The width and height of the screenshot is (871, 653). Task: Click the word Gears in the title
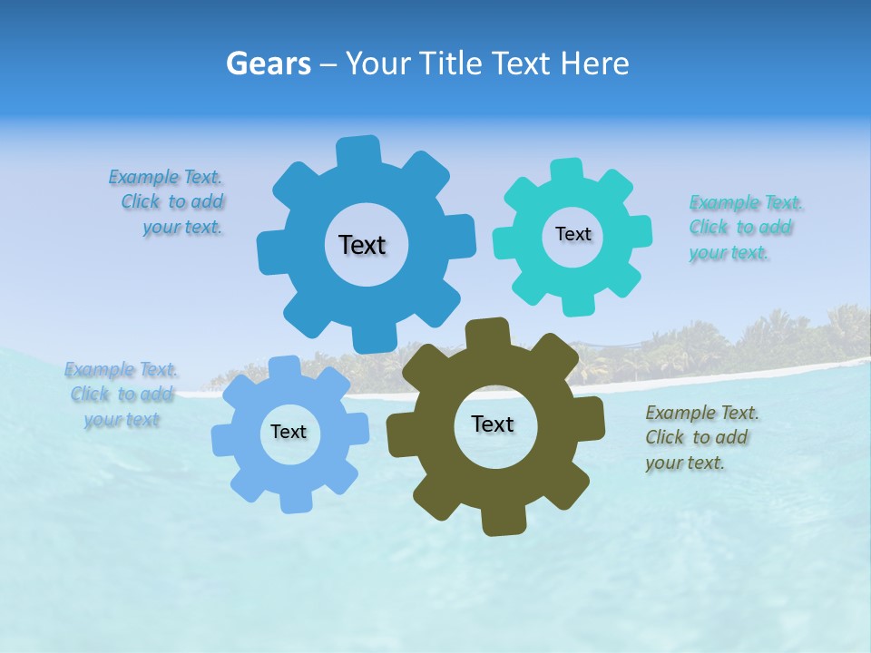click(x=265, y=63)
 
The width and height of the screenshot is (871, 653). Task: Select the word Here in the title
click(x=594, y=63)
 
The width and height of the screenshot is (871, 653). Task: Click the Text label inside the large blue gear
click(x=362, y=245)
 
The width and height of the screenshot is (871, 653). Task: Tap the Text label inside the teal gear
click(x=573, y=234)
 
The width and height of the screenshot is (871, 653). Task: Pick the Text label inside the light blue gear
click(x=289, y=432)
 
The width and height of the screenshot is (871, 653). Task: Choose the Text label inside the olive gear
click(x=493, y=424)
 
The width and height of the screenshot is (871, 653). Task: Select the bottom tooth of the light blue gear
click(x=294, y=501)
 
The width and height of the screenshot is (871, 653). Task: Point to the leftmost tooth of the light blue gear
click(x=223, y=439)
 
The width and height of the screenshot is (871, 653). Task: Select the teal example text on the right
click(x=745, y=228)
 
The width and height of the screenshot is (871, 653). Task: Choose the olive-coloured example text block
click(x=701, y=437)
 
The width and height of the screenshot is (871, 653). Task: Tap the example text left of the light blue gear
click(x=121, y=395)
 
